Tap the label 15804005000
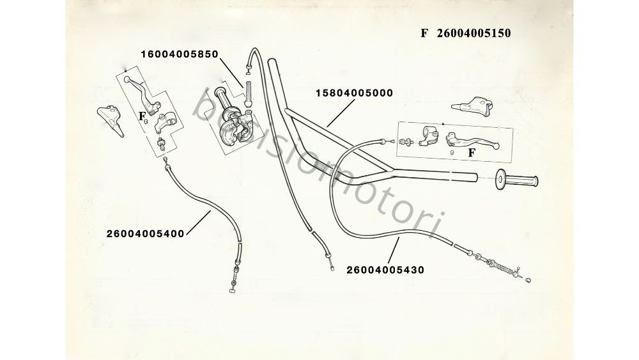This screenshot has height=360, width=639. (x=354, y=93)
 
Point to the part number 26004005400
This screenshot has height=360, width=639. (x=146, y=233)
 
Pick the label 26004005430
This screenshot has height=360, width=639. (x=385, y=269)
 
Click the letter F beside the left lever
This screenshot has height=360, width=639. (x=141, y=116)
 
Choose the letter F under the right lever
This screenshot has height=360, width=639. (x=472, y=153)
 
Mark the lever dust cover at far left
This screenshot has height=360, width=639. (x=109, y=118)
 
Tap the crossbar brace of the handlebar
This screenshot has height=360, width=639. (x=339, y=138)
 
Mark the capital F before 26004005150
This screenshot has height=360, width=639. (x=424, y=33)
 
